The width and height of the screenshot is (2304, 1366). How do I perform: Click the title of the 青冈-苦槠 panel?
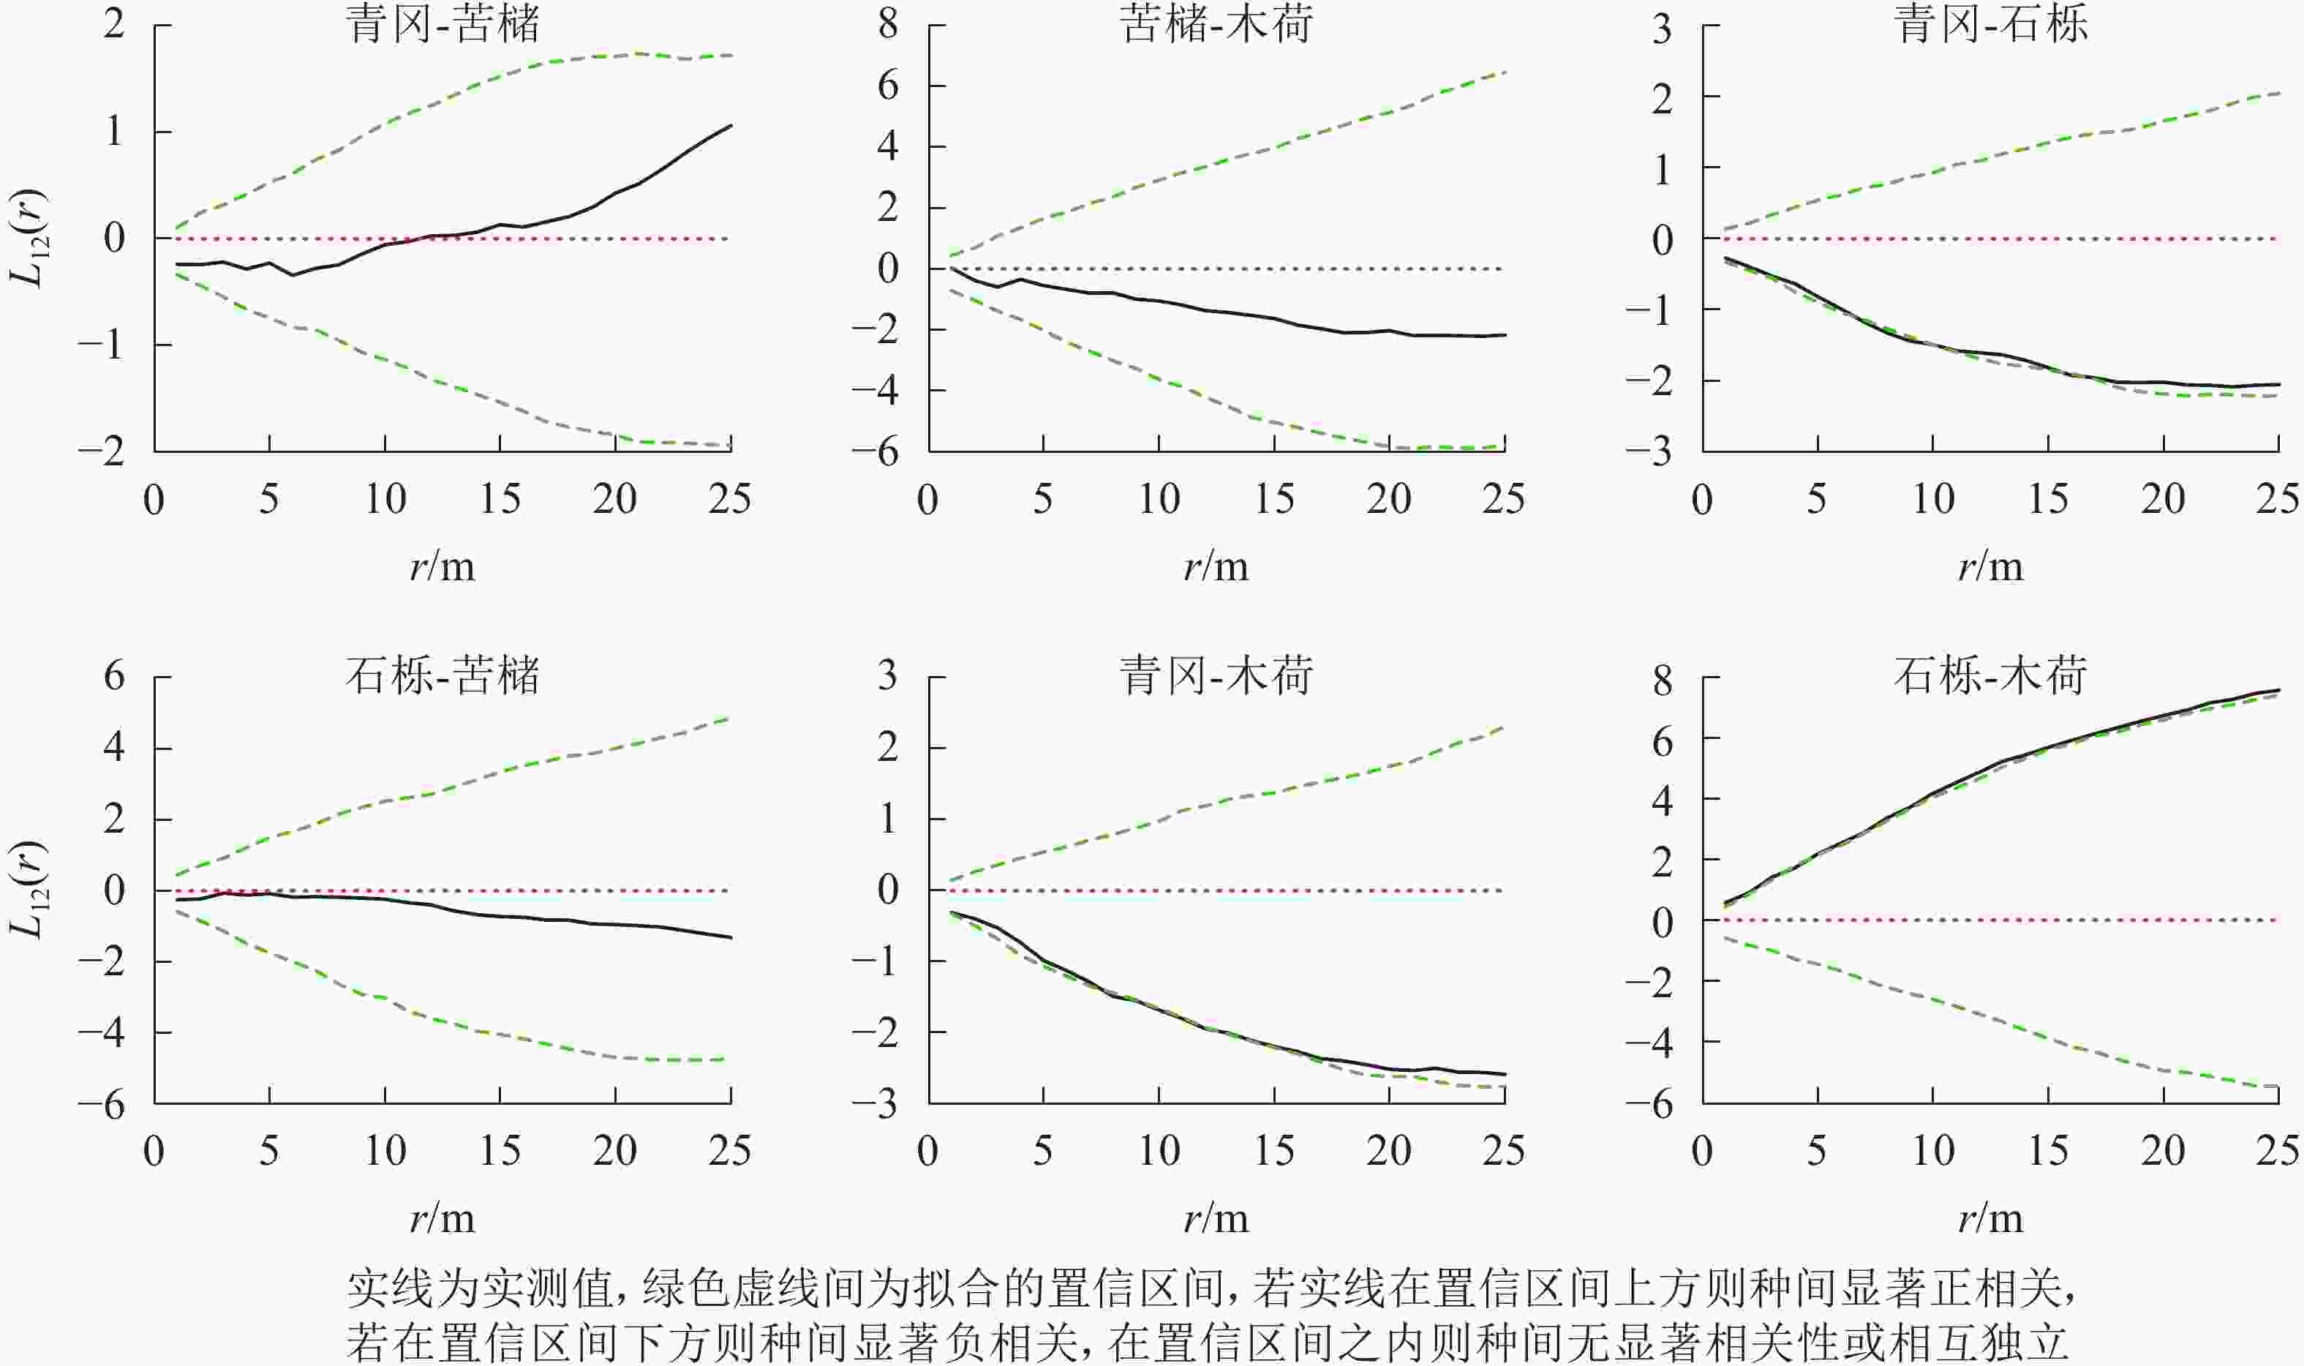(x=443, y=25)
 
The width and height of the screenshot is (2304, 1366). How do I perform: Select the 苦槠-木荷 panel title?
(x=1216, y=25)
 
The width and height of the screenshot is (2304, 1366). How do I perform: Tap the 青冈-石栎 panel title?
(x=1990, y=25)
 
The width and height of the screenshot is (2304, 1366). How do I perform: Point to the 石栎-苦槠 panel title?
(x=443, y=677)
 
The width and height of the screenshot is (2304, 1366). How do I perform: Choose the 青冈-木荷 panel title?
(x=1216, y=677)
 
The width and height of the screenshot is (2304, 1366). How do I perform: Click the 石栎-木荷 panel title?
(x=1990, y=677)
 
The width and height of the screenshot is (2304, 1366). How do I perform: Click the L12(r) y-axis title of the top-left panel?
(x=31, y=239)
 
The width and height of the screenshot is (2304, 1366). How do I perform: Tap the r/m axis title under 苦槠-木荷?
(x=1216, y=567)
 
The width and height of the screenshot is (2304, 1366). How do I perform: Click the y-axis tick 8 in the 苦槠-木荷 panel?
(x=888, y=25)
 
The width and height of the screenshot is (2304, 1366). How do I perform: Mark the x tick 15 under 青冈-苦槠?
(x=500, y=500)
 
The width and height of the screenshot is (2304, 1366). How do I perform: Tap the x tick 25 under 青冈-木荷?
(x=1504, y=1152)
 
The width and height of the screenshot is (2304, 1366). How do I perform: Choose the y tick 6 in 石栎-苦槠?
(x=114, y=677)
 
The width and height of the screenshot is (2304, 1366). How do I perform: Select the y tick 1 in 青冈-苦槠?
(x=114, y=132)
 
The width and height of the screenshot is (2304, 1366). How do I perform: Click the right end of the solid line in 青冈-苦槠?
(x=731, y=125)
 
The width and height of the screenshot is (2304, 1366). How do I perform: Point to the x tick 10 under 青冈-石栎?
(x=1933, y=500)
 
